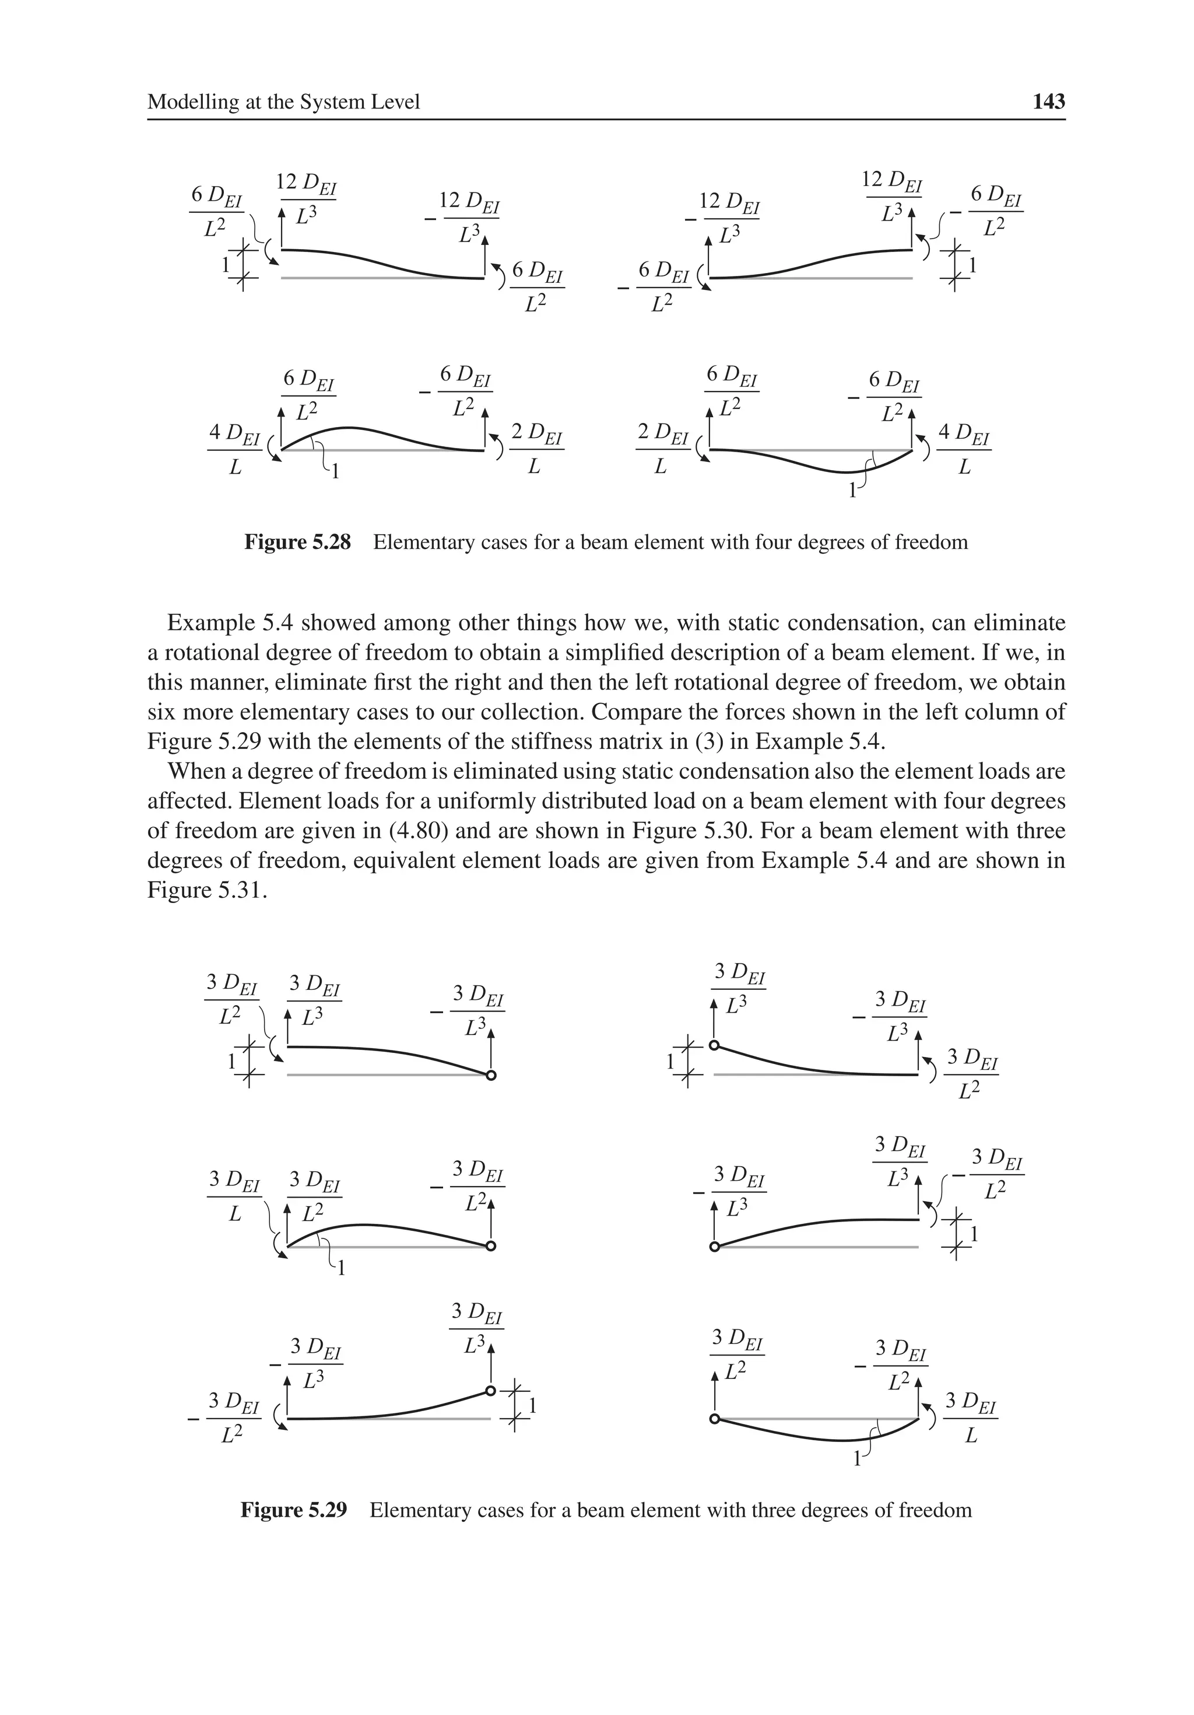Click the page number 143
pos(1048,101)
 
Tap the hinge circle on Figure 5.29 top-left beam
pos(490,1076)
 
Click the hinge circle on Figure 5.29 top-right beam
pos(714,1045)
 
